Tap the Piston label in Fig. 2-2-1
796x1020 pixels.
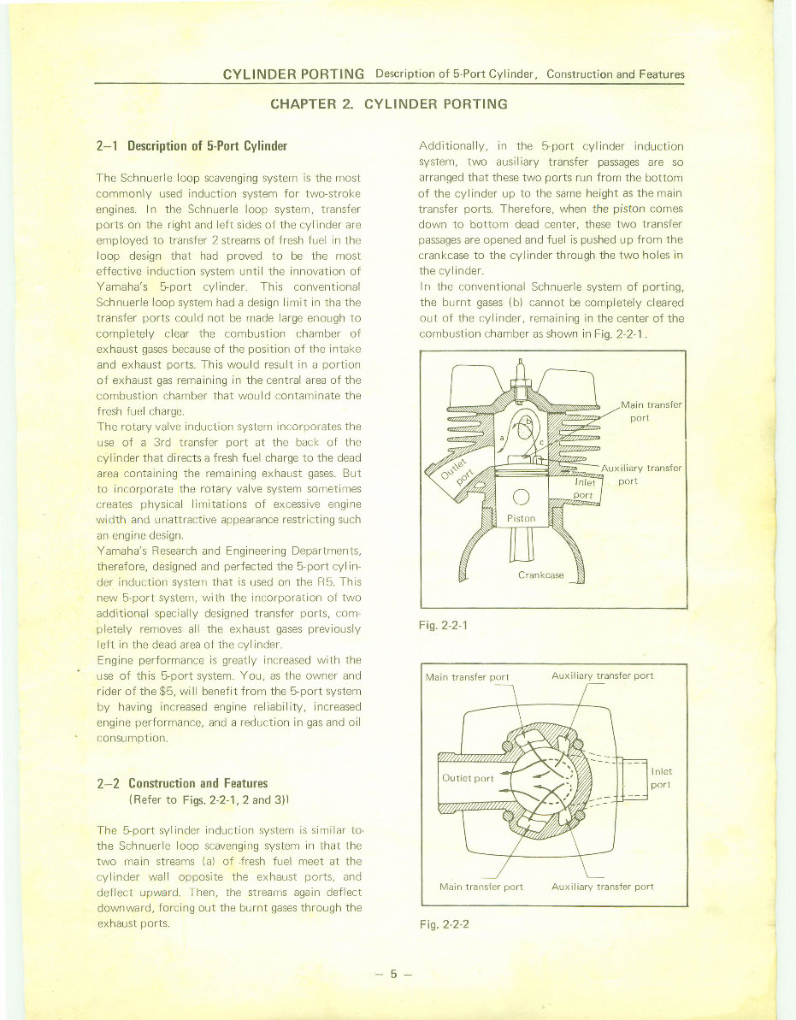521,518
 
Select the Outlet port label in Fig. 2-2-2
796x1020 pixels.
468,778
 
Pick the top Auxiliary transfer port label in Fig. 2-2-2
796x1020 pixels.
602,675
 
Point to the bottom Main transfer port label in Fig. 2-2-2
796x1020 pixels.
481,887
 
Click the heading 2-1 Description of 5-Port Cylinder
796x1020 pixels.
192,145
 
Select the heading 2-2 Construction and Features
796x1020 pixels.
183,783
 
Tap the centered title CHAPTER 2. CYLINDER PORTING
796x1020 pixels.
388,104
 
